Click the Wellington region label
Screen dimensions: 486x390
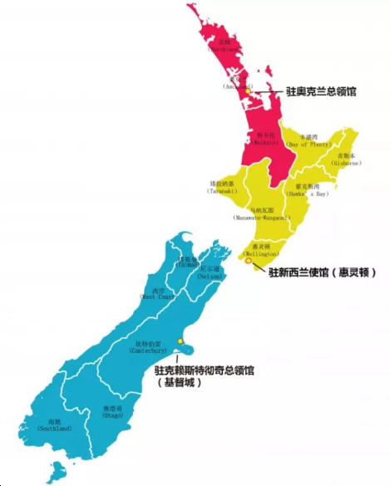[x=264, y=250]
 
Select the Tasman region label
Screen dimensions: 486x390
[x=186, y=263]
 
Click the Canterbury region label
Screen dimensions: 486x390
[x=148, y=347]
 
